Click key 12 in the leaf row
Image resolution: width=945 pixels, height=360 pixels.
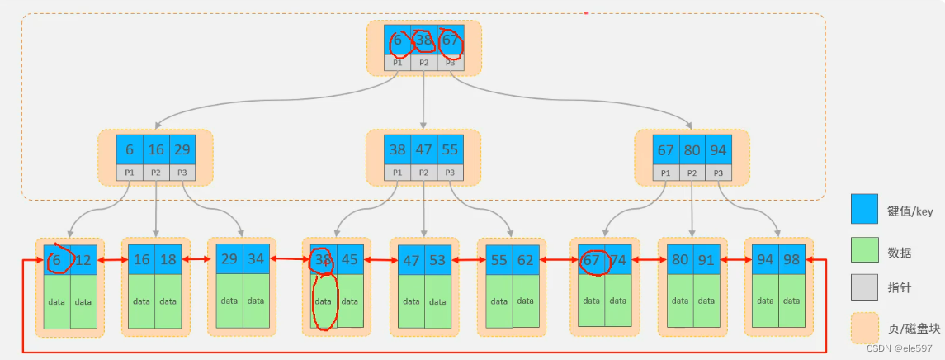tap(84, 259)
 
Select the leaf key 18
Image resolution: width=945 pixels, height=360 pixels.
tap(169, 259)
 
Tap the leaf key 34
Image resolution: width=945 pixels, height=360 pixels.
tap(256, 258)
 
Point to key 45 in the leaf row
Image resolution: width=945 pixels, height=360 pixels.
tap(349, 259)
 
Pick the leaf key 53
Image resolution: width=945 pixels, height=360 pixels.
tap(437, 260)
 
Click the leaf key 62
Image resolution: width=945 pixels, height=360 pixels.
tap(526, 260)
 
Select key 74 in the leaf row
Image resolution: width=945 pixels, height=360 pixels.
tap(617, 259)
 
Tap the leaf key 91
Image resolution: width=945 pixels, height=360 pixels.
tap(706, 259)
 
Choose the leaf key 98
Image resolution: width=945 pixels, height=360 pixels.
tap(792, 259)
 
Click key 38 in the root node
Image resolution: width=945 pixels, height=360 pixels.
tap(423, 40)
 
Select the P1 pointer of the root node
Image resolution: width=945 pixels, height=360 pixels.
tap(397, 63)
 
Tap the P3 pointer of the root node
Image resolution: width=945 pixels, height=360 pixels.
tap(450, 63)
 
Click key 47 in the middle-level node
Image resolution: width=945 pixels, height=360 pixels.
tap(423, 150)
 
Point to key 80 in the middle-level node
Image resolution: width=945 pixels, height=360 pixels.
tap(692, 150)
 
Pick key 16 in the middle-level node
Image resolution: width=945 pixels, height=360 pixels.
tap(156, 150)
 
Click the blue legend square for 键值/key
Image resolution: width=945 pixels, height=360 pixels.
tap(865, 209)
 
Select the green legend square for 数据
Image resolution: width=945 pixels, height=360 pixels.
tap(865, 248)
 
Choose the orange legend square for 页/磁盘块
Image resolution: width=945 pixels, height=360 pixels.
tap(865, 328)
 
